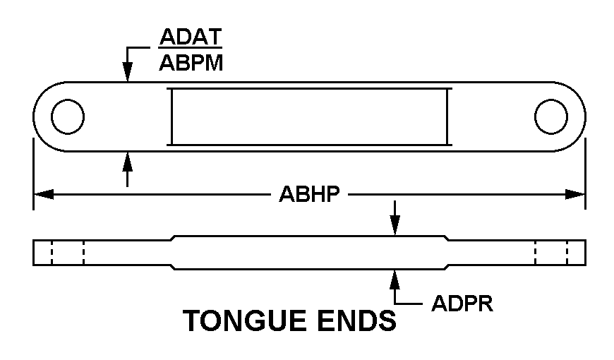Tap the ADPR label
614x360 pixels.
[462, 304]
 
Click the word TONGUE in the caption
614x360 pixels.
[244, 321]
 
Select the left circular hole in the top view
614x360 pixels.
[68, 116]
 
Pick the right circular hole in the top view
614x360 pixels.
[551, 116]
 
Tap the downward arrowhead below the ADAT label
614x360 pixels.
[128, 73]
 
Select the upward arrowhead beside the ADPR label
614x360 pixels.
[395, 277]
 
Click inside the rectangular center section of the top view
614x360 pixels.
[310, 116]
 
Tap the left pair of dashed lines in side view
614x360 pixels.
[67, 253]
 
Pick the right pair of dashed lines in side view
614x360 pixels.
[551, 253]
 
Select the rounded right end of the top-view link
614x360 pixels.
[578, 116]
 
